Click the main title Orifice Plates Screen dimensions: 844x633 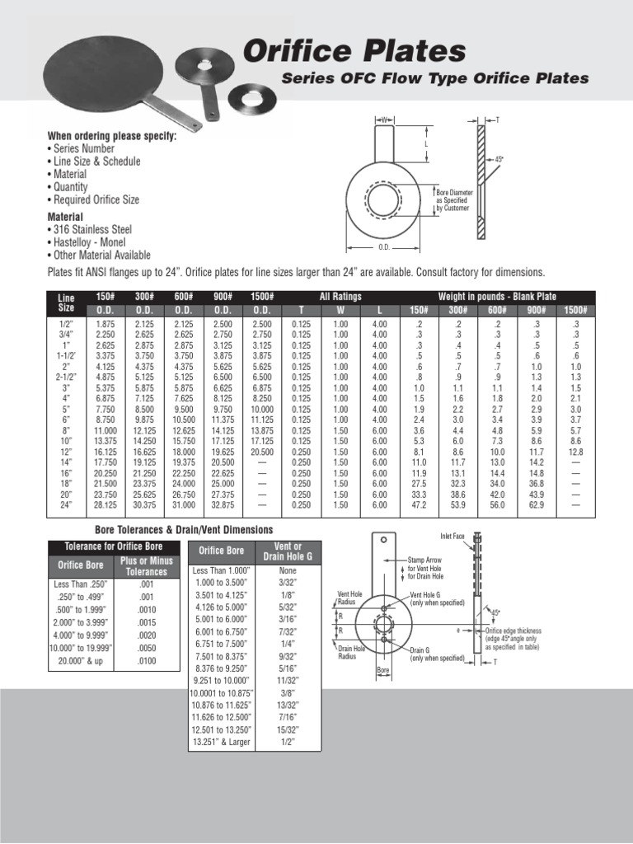(354, 51)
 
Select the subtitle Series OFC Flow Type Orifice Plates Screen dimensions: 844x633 (435, 79)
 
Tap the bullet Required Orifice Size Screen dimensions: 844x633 (97, 199)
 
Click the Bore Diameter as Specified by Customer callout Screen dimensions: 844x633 (452, 200)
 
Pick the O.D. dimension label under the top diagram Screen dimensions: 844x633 (383, 246)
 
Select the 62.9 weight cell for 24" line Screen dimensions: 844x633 (536, 504)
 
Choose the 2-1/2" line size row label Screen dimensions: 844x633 (65, 377)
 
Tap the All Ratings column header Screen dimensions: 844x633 (340, 296)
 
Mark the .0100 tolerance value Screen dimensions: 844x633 (145, 661)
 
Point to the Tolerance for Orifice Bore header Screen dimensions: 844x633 (114, 546)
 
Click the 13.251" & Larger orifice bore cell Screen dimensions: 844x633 (220, 742)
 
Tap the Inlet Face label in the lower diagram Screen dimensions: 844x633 (452, 536)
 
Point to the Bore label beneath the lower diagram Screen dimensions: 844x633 (382, 671)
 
